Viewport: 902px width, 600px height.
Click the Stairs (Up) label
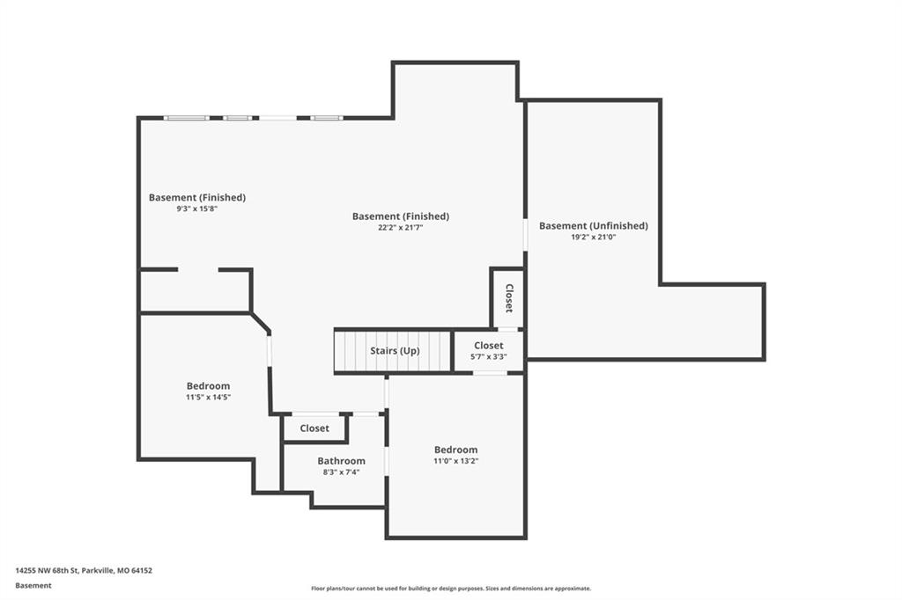tap(395, 350)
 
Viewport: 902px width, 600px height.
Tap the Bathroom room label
tap(341, 461)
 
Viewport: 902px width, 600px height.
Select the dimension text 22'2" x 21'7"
tap(401, 228)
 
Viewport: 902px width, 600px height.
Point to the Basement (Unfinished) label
tap(593, 226)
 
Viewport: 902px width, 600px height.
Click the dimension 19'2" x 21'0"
tap(594, 237)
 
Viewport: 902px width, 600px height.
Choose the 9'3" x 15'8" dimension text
tap(196, 209)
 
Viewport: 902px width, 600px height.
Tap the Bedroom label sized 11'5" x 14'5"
tap(208, 386)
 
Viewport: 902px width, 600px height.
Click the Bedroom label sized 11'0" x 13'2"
tap(455, 450)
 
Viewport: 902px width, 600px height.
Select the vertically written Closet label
tap(509, 298)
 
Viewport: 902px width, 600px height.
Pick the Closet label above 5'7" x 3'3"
tap(488, 346)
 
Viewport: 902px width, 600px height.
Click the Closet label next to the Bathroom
tap(314, 428)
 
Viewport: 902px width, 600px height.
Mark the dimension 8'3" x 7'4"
tap(341, 472)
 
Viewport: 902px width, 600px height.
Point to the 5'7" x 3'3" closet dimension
tap(488, 357)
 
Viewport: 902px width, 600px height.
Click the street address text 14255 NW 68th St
tap(47, 571)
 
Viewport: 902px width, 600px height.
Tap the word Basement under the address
tap(33, 586)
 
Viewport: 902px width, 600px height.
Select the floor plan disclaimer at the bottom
tap(451, 589)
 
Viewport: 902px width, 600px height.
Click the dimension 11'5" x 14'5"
tap(208, 397)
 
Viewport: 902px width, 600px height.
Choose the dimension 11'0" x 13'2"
tap(456, 461)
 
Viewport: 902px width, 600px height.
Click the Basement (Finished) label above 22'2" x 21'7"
tap(401, 216)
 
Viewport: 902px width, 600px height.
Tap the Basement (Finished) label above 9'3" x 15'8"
tap(196, 198)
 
